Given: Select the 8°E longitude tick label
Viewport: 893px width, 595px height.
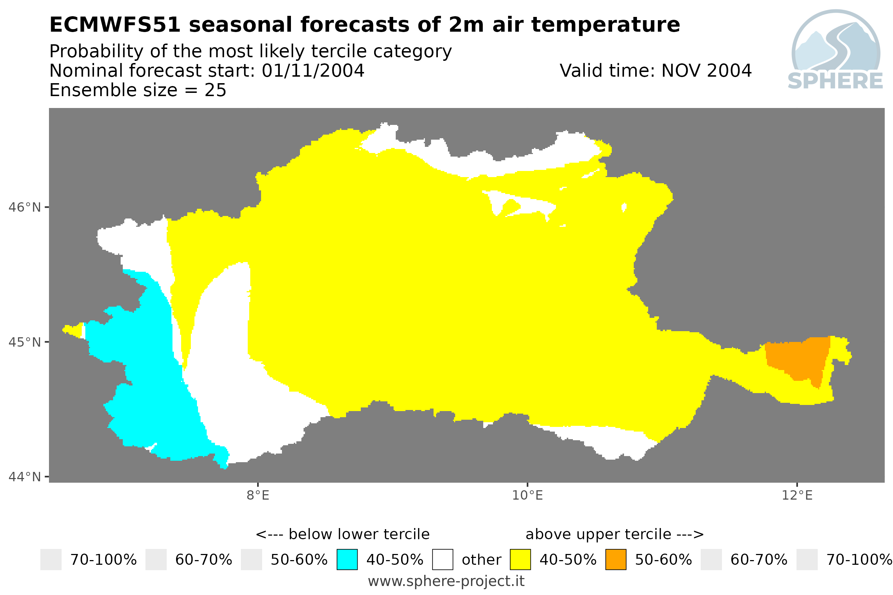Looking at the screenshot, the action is click(258, 495).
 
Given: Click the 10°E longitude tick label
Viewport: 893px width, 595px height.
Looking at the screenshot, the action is click(528, 495).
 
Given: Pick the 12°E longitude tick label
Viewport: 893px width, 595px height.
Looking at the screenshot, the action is click(797, 495).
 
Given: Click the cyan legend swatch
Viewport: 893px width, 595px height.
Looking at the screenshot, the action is click(347, 560).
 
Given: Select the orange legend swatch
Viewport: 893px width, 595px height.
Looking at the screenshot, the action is click(616, 560).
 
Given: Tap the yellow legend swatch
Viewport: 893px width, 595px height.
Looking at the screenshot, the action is click(520, 560).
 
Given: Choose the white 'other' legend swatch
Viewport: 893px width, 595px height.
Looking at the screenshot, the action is click(443, 560).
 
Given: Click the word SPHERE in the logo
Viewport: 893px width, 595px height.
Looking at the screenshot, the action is click(835, 81).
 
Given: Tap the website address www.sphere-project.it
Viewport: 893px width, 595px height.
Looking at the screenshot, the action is click(446, 581).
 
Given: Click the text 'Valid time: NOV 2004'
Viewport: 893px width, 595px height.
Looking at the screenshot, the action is click(655, 71).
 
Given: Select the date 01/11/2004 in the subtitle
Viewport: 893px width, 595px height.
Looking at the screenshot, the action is click(313, 71).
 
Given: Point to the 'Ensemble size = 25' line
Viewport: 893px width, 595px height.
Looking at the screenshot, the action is click(138, 90).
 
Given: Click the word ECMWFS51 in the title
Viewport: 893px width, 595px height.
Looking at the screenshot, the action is click(115, 25).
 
